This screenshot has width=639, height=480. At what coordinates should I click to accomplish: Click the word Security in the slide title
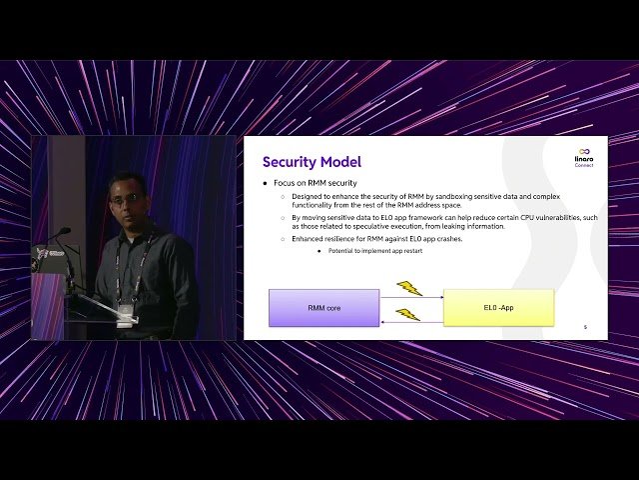[x=290, y=162]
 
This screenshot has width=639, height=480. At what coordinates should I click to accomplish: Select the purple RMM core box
[x=323, y=308]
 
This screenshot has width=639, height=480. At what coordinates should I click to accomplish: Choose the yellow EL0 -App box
[x=498, y=308]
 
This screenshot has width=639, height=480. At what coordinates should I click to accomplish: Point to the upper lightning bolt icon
[x=408, y=288]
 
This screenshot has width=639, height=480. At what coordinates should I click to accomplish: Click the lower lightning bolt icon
[x=407, y=314]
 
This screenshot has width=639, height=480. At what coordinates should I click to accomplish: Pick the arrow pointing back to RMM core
[x=411, y=323]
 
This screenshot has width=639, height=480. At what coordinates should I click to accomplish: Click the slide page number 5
[x=585, y=327]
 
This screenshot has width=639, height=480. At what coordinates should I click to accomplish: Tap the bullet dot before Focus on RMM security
[x=266, y=184]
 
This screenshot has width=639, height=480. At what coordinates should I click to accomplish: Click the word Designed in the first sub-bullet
[x=307, y=197]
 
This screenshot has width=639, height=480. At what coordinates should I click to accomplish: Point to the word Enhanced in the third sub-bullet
[x=309, y=239]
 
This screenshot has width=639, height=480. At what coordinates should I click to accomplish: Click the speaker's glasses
[x=127, y=199]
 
